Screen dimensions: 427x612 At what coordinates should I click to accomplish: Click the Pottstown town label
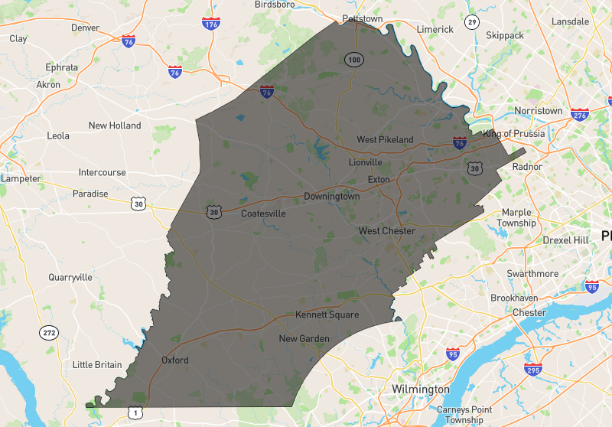[362, 18]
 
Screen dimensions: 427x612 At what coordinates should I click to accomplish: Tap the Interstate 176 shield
[210, 24]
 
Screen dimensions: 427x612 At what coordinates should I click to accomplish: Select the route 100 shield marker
[353, 59]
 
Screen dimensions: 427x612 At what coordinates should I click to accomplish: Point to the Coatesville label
[263, 213]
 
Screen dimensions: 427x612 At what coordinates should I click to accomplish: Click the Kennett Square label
[327, 315]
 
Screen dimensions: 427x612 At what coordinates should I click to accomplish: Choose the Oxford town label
[175, 360]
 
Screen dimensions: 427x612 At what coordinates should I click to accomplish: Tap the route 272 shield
[49, 333]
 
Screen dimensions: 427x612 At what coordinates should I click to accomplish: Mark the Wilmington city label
[421, 390]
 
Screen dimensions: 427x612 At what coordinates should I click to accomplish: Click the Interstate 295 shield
[535, 370]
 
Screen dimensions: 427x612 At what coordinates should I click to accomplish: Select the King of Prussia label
[513, 134]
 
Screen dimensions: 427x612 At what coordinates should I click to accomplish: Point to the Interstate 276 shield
[580, 115]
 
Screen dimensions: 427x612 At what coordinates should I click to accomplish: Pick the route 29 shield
[472, 22]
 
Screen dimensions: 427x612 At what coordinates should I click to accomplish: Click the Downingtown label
[331, 197]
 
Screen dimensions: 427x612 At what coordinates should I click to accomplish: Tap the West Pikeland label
[385, 139]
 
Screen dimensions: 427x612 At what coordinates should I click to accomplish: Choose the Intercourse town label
[102, 172]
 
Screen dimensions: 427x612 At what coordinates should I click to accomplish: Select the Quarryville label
[70, 277]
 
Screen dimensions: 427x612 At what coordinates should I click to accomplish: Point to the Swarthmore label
[532, 273]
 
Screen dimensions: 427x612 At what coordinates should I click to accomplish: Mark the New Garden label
[304, 338]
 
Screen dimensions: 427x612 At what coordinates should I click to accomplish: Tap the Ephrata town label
[62, 67]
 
